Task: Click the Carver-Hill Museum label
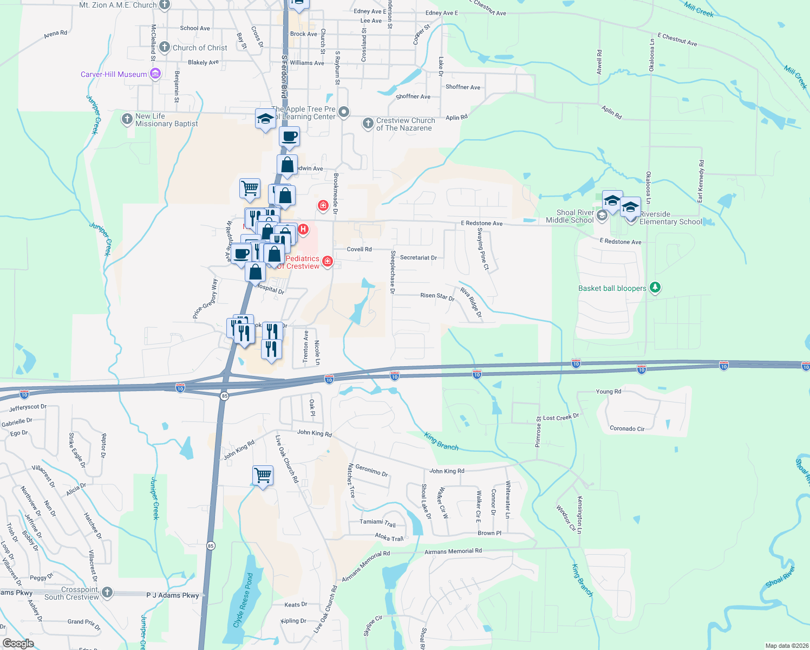pyautogui.click(x=114, y=74)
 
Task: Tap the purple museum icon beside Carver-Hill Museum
pyautogui.click(x=155, y=74)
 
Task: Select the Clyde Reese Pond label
pyautogui.click(x=243, y=600)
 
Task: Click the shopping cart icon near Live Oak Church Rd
pyautogui.click(x=263, y=476)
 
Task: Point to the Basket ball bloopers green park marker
pyautogui.click(x=655, y=287)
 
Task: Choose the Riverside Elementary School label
pyautogui.click(x=670, y=218)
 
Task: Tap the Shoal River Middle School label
pyautogui.click(x=570, y=216)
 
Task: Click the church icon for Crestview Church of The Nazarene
pyautogui.click(x=368, y=123)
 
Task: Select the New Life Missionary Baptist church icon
pyautogui.click(x=127, y=119)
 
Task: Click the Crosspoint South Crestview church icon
pyautogui.click(x=107, y=592)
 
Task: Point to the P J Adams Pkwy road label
pyautogui.click(x=173, y=595)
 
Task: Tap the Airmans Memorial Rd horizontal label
pyautogui.click(x=453, y=551)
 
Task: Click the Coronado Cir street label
pyautogui.click(x=627, y=428)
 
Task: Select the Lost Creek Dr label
pyautogui.click(x=561, y=417)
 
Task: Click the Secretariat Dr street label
pyautogui.click(x=418, y=258)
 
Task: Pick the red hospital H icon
pyautogui.click(x=303, y=229)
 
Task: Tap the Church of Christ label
pyautogui.click(x=200, y=48)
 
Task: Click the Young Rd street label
pyautogui.click(x=608, y=392)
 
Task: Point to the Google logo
pyautogui.click(x=18, y=643)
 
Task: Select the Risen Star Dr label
pyautogui.click(x=437, y=296)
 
